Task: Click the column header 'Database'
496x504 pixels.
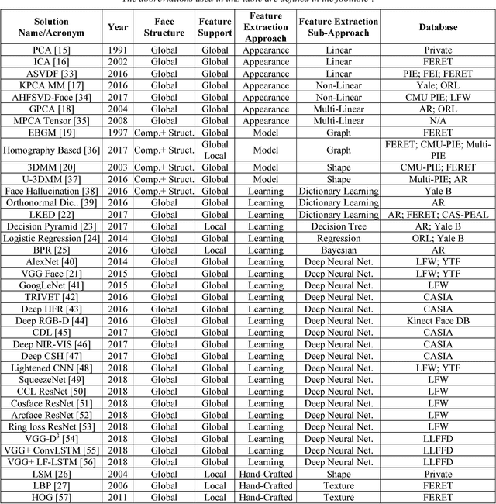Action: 438,28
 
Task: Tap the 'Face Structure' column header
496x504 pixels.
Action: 164,28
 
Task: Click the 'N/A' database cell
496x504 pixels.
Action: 438,121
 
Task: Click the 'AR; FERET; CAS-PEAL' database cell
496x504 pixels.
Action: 438,215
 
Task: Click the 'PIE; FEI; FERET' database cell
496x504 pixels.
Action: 438,74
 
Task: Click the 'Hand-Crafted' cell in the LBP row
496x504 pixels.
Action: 266,485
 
